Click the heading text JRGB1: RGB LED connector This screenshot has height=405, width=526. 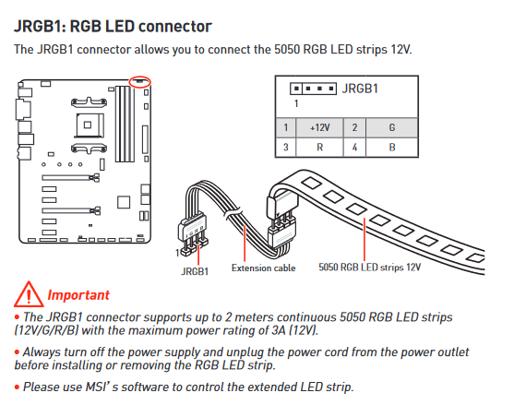[x=113, y=27]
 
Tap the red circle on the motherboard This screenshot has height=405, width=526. [x=140, y=82]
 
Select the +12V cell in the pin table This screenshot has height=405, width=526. [x=319, y=127]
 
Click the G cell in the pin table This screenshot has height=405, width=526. [x=392, y=127]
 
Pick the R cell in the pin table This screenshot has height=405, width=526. [x=319, y=148]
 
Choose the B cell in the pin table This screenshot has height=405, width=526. [x=392, y=148]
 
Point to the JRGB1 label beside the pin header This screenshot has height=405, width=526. [x=360, y=89]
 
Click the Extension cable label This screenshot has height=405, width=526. [x=263, y=268]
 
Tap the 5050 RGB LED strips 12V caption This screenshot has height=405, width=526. [x=369, y=268]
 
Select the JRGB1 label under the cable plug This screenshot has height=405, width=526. [x=195, y=271]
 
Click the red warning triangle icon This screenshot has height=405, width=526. [x=29, y=294]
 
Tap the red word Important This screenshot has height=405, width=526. [x=78, y=295]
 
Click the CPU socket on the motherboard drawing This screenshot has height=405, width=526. [x=89, y=125]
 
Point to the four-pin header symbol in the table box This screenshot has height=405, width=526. [x=313, y=89]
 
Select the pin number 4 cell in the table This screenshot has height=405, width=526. [x=354, y=148]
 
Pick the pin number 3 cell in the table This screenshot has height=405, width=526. [x=285, y=148]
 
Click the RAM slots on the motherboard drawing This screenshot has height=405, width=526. [x=125, y=124]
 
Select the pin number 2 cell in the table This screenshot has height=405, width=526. [x=354, y=127]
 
